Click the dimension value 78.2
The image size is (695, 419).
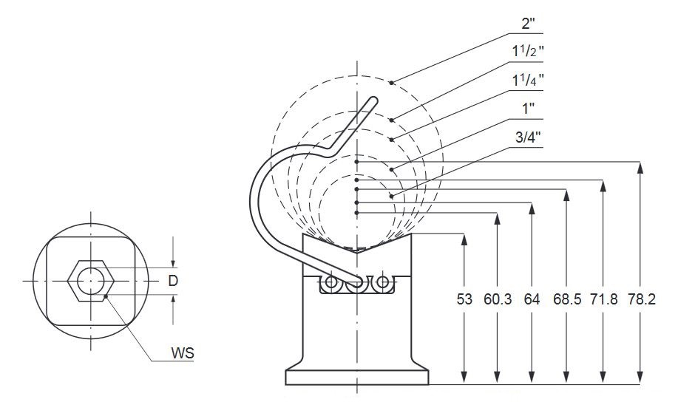(641, 299)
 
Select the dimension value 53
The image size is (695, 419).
(464, 299)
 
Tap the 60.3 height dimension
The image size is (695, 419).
(498, 299)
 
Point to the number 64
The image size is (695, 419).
(532, 299)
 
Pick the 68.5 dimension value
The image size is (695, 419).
(567, 299)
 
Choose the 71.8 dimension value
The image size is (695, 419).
(604, 299)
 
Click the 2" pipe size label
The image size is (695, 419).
(529, 24)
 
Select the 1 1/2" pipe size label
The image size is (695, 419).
(528, 52)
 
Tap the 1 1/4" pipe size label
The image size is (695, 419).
(528, 81)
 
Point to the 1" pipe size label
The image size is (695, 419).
(529, 109)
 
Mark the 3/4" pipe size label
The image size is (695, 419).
(529, 137)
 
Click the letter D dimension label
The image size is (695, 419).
(173, 281)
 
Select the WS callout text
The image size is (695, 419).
(183, 353)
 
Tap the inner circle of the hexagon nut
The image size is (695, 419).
(91, 281)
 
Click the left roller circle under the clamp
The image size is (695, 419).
(331, 282)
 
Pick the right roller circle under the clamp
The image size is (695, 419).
(383, 282)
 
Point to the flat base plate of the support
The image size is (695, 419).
(357, 378)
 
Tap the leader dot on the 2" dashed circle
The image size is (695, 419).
(391, 82)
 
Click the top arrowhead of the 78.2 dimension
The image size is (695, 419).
(640, 168)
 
